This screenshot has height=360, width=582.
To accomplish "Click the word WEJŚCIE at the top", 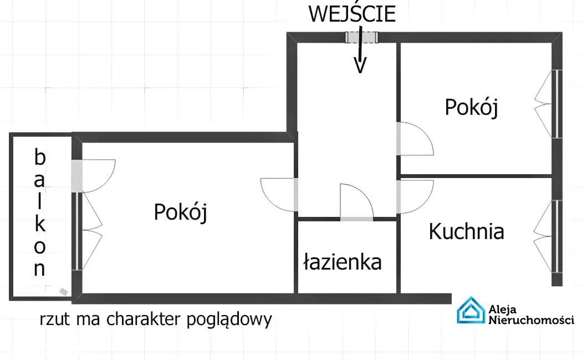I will click(x=352, y=14).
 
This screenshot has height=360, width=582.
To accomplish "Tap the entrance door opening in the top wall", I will click(x=361, y=37).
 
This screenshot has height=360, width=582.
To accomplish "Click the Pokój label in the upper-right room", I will click(x=471, y=107).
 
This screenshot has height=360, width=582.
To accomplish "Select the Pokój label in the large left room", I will click(x=180, y=211).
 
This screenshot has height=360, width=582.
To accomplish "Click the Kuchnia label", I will click(x=466, y=231).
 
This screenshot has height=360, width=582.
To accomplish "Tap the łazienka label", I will click(x=343, y=261).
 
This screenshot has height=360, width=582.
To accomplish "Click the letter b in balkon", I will click(x=39, y=158).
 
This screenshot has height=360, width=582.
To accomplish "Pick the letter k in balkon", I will click(x=40, y=224).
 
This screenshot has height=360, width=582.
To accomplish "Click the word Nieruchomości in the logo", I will click(x=530, y=320).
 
